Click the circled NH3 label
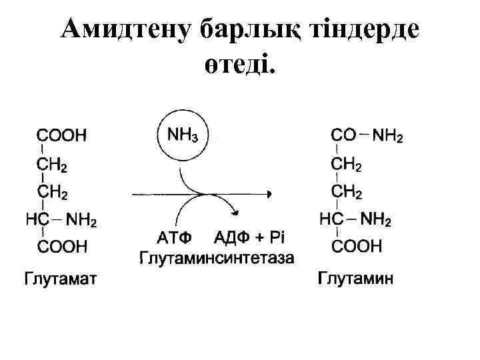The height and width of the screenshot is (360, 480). tap(183, 135)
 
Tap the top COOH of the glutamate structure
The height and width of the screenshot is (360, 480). tap(61, 135)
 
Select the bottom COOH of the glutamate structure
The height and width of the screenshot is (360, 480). tap(61, 247)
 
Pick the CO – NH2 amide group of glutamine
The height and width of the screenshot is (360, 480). tap(367, 135)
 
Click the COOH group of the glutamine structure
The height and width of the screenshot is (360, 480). tap(357, 247)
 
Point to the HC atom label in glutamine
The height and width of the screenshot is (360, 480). tap(331, 219)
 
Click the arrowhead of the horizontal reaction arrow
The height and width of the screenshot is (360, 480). tap(269, 194)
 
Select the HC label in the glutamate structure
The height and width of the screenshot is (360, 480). tap(36, 219)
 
